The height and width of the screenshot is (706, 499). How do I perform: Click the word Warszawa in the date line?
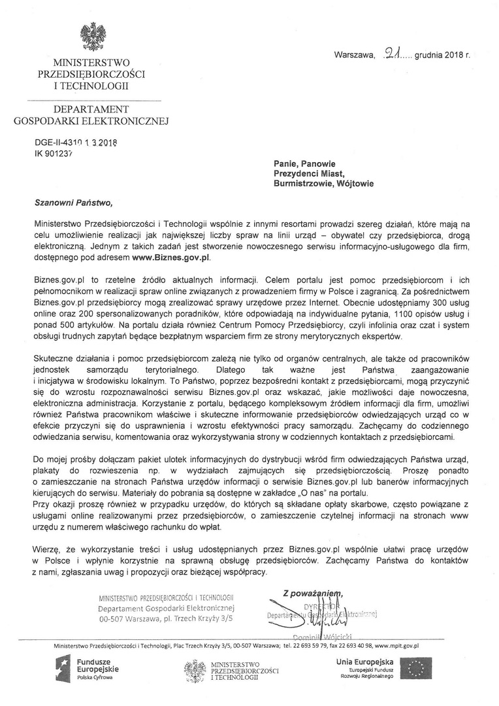click(354, 56)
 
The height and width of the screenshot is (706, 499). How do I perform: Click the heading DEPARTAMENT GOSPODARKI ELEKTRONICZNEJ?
click(91, 114)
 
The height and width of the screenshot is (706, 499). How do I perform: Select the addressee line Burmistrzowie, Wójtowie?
click(323, 184)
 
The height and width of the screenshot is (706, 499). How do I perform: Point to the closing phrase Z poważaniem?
click(313, 593)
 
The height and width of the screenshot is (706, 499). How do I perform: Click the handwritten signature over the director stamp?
click(307, 614)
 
